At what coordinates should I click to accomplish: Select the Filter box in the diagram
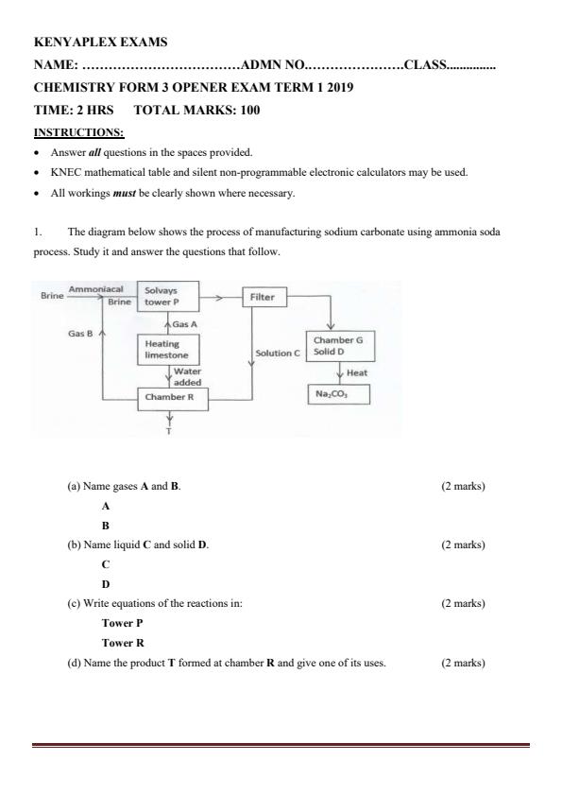tap(264, 297)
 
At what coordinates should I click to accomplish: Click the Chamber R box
tap(169, 398)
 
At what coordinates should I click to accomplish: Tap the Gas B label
tap(79, 333)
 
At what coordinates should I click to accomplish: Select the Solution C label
tap(278, 353)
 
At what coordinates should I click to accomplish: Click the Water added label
tap(187, 376)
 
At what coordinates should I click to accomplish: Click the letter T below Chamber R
tap(169, 432)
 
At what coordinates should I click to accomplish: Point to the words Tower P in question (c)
tap(121, 623)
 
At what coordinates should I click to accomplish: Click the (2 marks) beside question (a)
tap(462, 486)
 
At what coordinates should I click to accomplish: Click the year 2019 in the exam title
tap(338, 87)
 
